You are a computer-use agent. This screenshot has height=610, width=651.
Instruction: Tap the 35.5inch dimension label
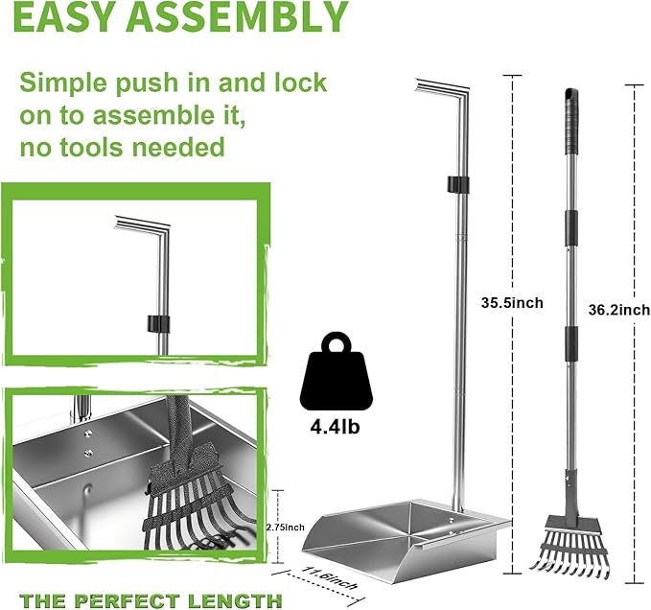point(512,303)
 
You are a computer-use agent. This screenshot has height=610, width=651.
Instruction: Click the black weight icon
point(336,373)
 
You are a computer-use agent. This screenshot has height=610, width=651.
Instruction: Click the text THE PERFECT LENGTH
point(145,601)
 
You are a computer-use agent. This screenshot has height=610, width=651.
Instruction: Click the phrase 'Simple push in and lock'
point(173,82)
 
